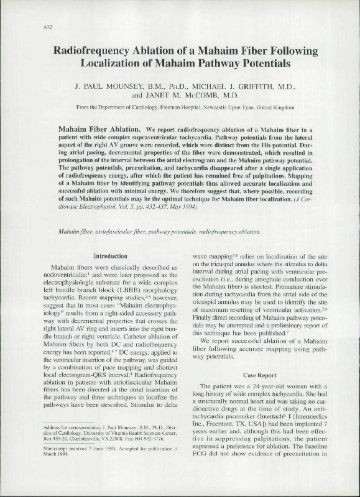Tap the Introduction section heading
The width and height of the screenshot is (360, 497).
pyautogui.click(x=111, y=256)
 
